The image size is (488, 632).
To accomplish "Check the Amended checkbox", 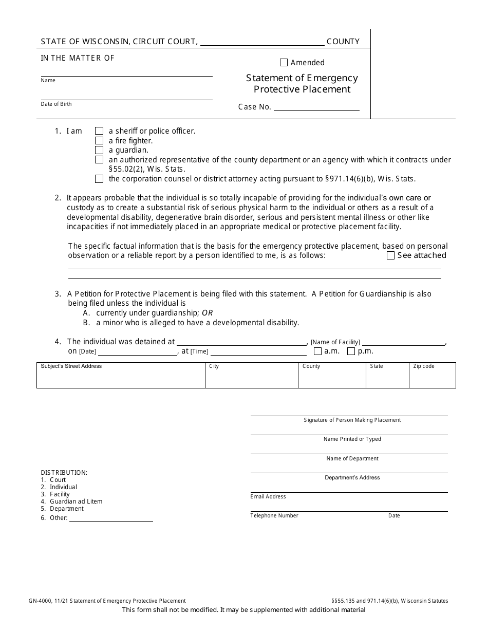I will pyautogui.click(x=284, y=63).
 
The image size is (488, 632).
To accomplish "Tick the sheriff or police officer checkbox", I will pyautogui.click(x=99, y=131).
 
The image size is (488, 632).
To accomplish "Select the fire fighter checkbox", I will pyautogui.click(x=99, y=141).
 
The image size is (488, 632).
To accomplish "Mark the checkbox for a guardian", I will pyautogui.click(x=99, y=150).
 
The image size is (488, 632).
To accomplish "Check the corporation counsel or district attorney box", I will pyautogui.click(x=99, y=179).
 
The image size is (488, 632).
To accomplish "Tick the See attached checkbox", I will pyautogui.click(x=390, y=255).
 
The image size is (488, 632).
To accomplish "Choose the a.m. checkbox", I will pyautogui.click(x=317, y=351).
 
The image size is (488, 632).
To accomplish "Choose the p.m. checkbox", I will pyautogui.click(x=351, y=351).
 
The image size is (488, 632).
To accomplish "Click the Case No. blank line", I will pyautogui.click(x=316, y=107).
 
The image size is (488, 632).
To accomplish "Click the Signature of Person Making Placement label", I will pyautogui.click(x=352, y=420).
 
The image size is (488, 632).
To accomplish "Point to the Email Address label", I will pyautogui.click(x=268, y=496).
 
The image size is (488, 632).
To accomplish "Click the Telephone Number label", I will pyautogui.click(x=274, y=515).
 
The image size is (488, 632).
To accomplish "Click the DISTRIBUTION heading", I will pyautogui.click(x=64, y=472).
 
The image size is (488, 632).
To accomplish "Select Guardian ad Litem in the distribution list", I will pyautogui.click(x=76, y=501).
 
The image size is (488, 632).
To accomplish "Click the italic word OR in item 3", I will pyautogui.click(x=207, y=313).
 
